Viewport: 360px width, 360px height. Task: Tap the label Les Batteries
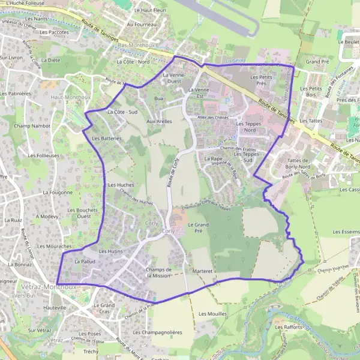pos(107,138)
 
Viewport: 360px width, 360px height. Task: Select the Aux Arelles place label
pos(159,121)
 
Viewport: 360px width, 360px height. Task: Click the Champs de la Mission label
pos(159,273)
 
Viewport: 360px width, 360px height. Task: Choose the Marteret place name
pos(203,271)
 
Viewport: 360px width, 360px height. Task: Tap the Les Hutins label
pos(110,251)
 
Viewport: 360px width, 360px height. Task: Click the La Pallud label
pos(85,262)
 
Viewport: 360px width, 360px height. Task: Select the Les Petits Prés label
pos(262,80)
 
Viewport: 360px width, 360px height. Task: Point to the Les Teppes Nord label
pos(245,127)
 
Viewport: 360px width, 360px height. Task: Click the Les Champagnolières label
pos(157,331)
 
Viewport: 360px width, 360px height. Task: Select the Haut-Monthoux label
pos(71,97)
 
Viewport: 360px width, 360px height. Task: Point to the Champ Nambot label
pos(32,126)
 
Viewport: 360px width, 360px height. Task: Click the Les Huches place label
pos(121,185)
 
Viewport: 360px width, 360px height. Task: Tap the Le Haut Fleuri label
pos(150,10)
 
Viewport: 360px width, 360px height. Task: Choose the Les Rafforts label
pos(289,327)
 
